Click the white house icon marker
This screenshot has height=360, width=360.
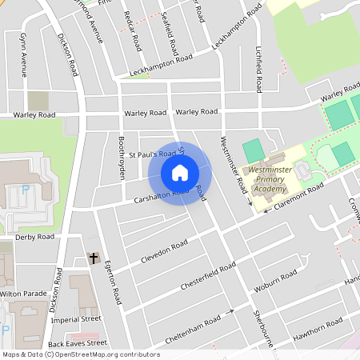[180, 173]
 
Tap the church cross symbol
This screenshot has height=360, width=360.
[94, 258]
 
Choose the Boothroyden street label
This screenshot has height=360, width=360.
[122, 157]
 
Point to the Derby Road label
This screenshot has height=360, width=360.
[34, 237]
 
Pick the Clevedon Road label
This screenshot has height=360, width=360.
[163, 247]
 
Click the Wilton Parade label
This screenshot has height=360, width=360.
[23, 294]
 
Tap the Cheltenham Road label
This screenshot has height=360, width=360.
[192, 330]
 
